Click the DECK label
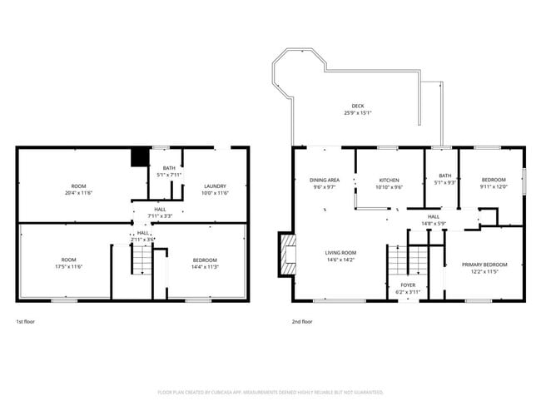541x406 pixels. (357, 106)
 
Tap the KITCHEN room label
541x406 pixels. (390, 180)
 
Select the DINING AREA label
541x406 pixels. (324, 180)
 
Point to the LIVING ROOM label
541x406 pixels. (340, 253)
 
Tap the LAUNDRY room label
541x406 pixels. (216, 186)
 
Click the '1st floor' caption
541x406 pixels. (26, 321)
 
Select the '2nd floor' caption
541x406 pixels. (301, 321)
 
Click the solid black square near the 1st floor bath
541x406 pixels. (140, 157)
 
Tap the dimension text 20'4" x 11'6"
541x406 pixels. (78, 193)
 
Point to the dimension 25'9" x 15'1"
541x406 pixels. (357, 113)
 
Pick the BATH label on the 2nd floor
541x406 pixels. (444, 176)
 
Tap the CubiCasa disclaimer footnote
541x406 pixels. (270, 392)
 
